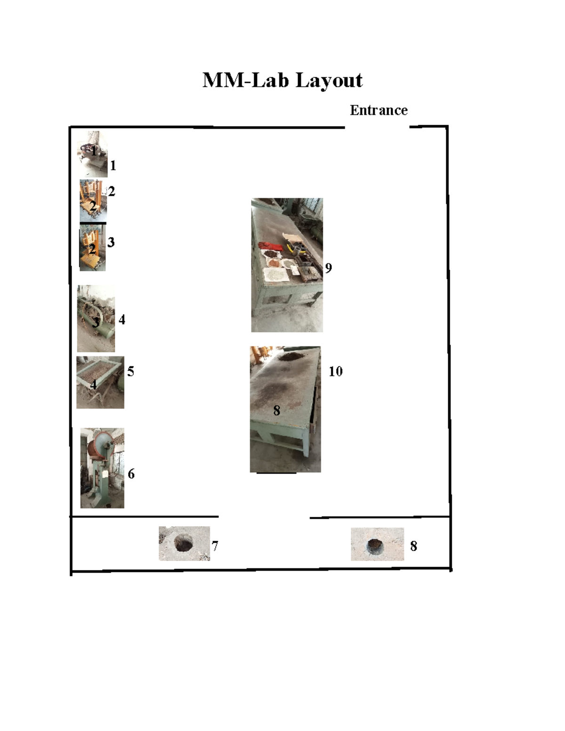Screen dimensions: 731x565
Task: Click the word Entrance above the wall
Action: click(379, 110)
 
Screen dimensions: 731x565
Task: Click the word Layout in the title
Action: click(329, 80)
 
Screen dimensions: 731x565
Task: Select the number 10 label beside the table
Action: click(335, 371)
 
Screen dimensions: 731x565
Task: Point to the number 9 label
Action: click(328, 268)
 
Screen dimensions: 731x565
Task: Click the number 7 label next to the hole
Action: click(215, 546)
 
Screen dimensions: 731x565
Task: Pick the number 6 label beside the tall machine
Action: click(131, 474)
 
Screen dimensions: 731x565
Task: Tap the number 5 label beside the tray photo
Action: click(130, 371)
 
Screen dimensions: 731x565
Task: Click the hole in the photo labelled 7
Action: click(184, 543)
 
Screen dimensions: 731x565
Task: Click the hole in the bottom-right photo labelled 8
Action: click(375, 545)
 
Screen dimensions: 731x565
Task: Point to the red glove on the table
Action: click(269, 246)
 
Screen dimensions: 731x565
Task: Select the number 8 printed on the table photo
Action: click(276, 410)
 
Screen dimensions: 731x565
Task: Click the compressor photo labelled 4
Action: click(96, 318)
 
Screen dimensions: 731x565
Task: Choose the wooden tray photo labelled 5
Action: click(100, 382)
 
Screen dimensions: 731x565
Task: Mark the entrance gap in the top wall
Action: click(377, 127)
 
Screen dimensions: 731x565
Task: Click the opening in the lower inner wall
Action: click(264, 517)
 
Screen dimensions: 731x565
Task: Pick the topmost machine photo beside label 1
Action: click(92, 154)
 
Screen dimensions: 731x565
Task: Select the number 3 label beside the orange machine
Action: click(111, 242)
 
